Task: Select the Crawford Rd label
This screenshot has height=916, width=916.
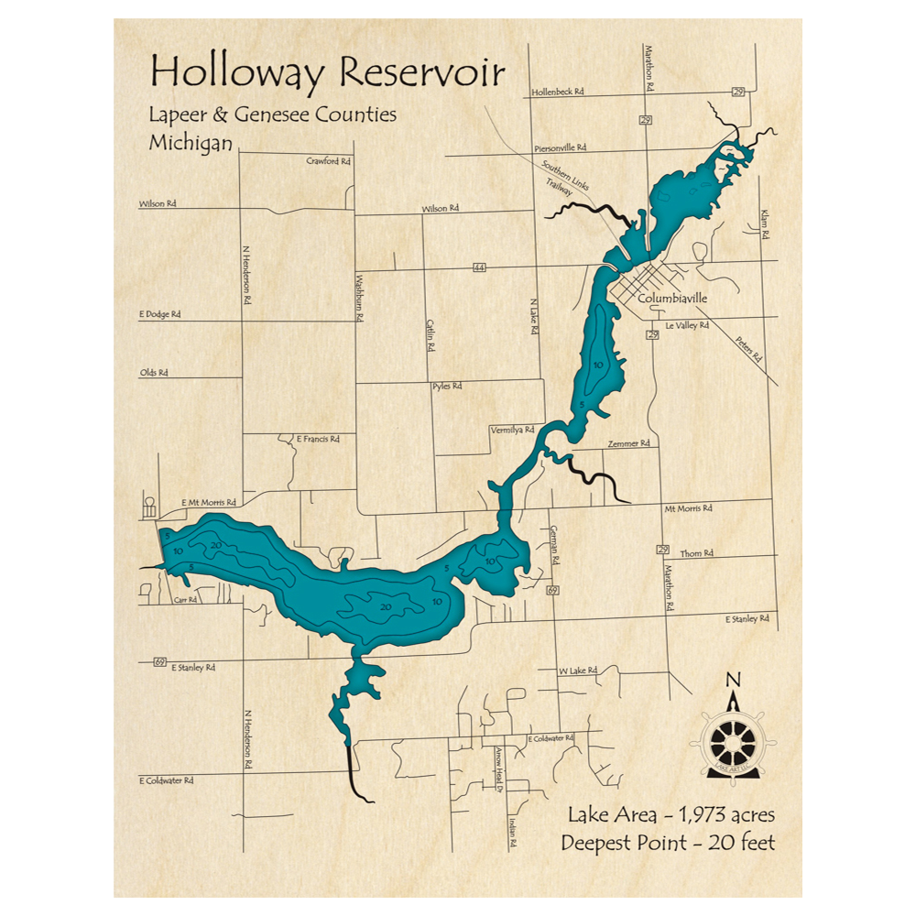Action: click(329, 161)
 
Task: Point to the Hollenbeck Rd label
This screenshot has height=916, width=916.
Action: click(558, 93)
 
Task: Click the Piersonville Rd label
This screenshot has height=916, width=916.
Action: click(560, 147)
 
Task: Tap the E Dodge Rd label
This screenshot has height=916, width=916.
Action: click(160, 314)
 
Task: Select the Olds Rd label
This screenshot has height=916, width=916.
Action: click(154, 373)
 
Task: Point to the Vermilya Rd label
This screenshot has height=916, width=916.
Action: click(512, 430)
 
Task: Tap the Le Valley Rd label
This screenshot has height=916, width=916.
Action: click(687, 325)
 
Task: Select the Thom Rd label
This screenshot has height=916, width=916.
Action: click(696, 554)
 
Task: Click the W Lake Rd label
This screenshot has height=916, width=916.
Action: click(577, 671)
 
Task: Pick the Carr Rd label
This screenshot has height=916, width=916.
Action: click(186, 599)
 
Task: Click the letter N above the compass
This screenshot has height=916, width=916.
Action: click(732, 680)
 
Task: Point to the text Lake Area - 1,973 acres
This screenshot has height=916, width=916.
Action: click(671, 814)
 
